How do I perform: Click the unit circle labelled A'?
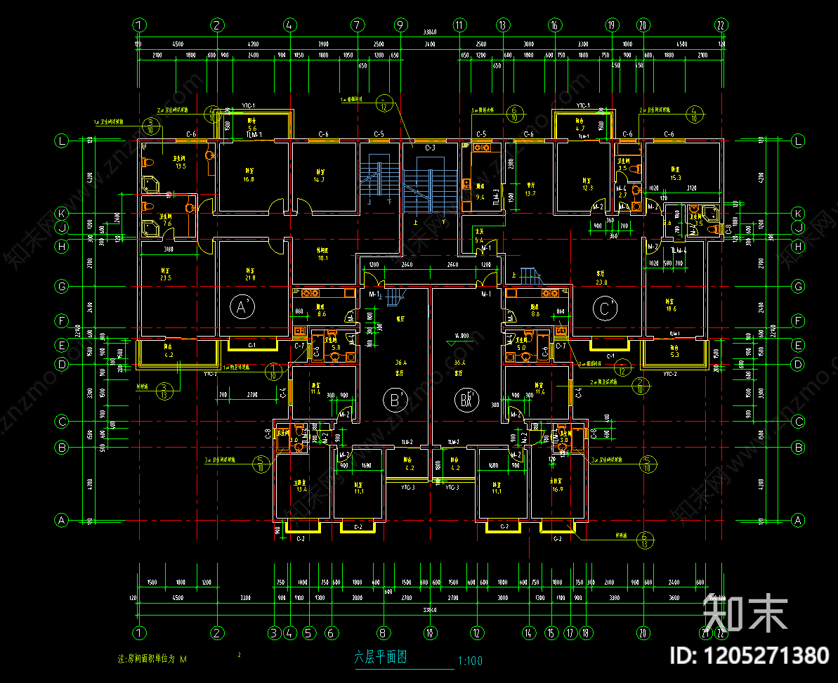click(242, 307)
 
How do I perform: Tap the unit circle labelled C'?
click(605, 307)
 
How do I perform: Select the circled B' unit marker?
click(395, 400)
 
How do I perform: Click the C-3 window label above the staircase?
click(431, 148)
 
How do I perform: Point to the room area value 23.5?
click(166, 278)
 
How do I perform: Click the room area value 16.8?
click(249, 179)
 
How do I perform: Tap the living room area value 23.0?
click(601, 282)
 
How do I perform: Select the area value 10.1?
click(323, 259)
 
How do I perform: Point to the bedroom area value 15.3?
click(676, 177)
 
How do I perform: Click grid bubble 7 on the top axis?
click(358, 25)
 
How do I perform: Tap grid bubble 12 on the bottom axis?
click(476, 632)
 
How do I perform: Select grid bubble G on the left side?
click(63, 287)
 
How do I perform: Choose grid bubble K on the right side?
click(797, 213)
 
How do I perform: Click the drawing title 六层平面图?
click(381, 658)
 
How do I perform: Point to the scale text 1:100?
click(469, 661)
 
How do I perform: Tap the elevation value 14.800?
click(461, 335)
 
